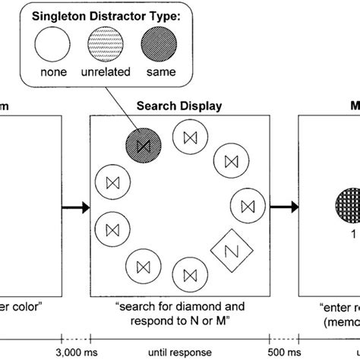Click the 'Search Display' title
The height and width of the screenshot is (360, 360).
(x=179, y=106)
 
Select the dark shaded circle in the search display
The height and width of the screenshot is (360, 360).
(x=141, y=140)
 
